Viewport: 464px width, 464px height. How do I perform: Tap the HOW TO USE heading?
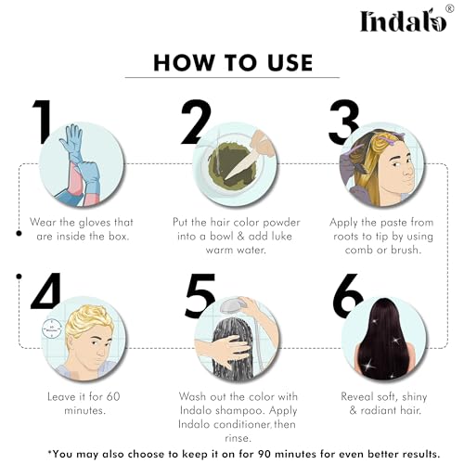(x=232, y=62)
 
